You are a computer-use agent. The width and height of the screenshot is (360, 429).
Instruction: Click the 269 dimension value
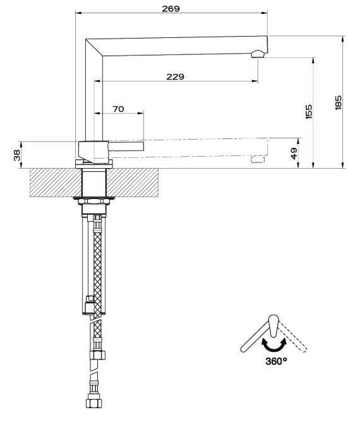(x=171, y=9)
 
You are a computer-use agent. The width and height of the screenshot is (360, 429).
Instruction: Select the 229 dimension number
(x=175, y=76)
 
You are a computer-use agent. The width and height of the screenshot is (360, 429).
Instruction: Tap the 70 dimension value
(x=118, y=109)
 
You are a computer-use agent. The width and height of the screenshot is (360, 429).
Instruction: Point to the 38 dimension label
(x=17, y=155)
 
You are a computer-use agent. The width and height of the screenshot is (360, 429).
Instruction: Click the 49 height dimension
(x=294, y=154)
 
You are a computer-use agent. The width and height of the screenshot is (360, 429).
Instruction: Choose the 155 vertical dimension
(x=308, y=111)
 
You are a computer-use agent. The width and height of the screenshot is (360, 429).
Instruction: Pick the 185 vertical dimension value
(x=339, y=102)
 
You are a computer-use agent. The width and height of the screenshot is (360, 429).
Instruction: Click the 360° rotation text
(x=276, y=361)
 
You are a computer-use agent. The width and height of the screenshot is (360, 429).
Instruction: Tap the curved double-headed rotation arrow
(x=274, y=347)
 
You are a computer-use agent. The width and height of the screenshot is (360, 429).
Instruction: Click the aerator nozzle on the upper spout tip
(x=258, y=54)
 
